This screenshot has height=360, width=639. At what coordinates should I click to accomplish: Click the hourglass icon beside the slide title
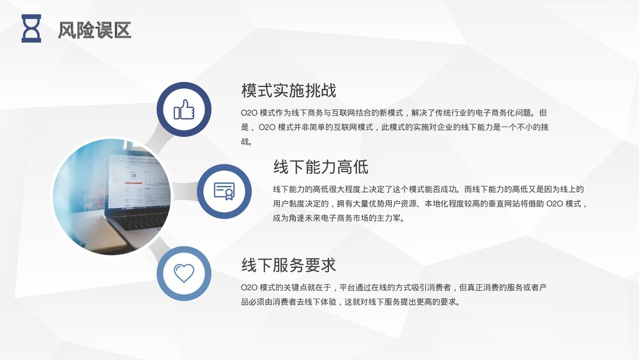31,29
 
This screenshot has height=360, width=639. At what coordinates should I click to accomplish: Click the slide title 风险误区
94,29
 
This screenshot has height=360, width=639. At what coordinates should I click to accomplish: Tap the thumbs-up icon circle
184,109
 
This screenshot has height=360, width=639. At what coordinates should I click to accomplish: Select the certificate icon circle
224,191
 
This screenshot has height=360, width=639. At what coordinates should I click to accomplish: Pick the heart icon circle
184,273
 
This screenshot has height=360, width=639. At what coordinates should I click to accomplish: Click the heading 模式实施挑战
289,90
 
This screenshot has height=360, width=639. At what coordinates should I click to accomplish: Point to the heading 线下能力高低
321,168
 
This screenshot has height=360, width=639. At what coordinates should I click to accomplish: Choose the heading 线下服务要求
289,265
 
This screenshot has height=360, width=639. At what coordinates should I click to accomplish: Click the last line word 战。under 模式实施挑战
246,142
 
